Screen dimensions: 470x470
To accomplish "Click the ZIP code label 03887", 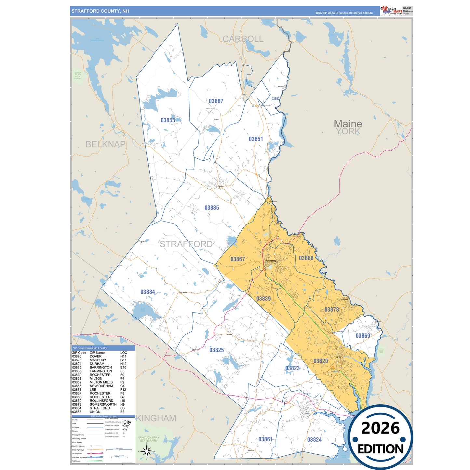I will pyautogui.click(x=216, y=101).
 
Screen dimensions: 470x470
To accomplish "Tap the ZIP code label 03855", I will pyautogui.click(x=168, y=120).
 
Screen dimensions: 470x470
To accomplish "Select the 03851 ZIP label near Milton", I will pyautogui.click(x=256, y=139).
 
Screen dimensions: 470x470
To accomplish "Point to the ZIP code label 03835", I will pyautogui.click(x=212, y=208).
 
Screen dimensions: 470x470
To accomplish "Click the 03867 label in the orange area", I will pyautogui.click(x=237, y=259).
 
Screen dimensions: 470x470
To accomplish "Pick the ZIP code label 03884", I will pyautogui.click(x=148, y=292).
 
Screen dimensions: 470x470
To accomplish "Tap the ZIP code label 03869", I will pyautogui.click(x=363, y=336).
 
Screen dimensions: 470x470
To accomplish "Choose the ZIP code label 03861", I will pyautogui.click(x=265, y=439).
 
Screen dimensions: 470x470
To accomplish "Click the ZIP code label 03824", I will pyautogui.click(x=314, y=440).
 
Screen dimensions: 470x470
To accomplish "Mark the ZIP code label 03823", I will pyautogui.click(x=292, y=368).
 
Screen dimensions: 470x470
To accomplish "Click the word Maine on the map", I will pyautogui.click(x=348, y=124).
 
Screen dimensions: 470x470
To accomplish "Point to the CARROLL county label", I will pyautogui.click(x=243, y=39).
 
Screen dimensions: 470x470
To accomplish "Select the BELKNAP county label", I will pyautogui.click(x=105, y=144).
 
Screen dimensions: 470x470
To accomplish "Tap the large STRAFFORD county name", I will pyautogui.click(x=186, y=244).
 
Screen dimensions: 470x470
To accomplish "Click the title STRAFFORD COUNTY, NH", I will pyautogui.click(x=100, y=11).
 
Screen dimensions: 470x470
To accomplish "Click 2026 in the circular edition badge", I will pyautogui.click(x=380, y=428).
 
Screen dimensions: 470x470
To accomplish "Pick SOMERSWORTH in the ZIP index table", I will pyautogui.click(x=103, y=404).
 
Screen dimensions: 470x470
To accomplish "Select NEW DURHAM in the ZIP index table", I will pyautogui.click(x=101, y=386).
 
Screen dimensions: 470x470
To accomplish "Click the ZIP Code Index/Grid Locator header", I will pyautogui.click(x=90, y=348).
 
